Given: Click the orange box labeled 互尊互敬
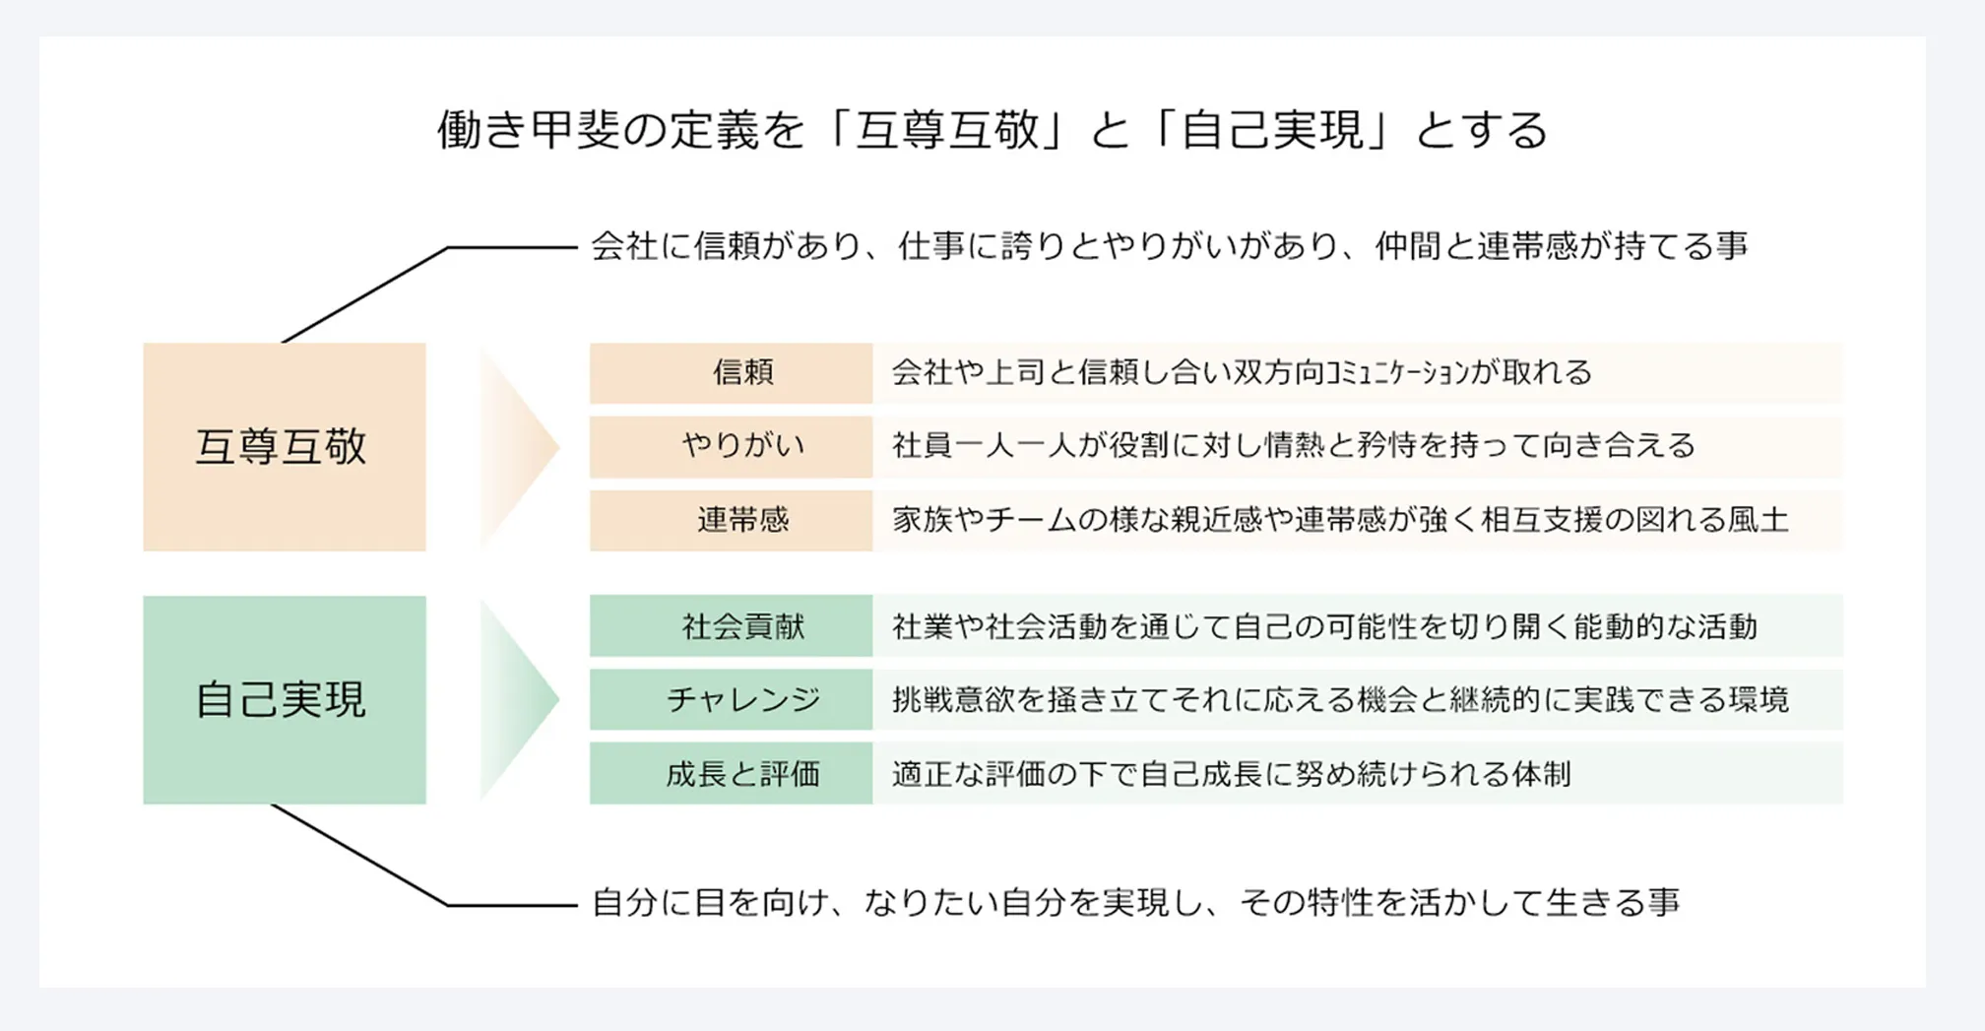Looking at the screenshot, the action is coord(285,446).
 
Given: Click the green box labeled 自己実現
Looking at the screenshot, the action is coord(285,699).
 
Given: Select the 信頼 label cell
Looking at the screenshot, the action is coord(731,372).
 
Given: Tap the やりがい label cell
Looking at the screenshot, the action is coord(731,446).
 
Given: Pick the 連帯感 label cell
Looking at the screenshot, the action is coord(731,520).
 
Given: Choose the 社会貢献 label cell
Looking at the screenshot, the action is coord(731,625).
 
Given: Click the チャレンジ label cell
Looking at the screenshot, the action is coord(731,699).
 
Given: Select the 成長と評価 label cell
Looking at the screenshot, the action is coord(731,773).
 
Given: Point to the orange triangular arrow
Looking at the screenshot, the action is coord(519,446).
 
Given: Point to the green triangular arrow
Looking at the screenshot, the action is coord(519,699).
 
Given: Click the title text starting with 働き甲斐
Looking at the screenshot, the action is coord(992,130).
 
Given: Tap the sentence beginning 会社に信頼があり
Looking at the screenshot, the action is coord(1170,245).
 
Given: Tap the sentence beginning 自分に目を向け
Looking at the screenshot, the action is coord(1135,902).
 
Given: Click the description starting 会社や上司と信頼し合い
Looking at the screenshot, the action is coord(1242,372).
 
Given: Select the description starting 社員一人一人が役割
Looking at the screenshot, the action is coord(1293,446).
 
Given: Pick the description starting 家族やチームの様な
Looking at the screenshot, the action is coord(1340,520).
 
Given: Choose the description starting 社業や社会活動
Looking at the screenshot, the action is coord(1324,626).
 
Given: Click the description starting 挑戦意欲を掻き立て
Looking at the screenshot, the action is coord(1340,699).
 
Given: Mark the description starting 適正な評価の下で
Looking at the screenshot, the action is coord(1231,774).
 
